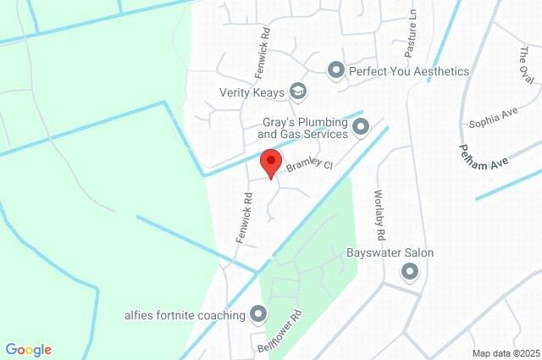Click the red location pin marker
270,162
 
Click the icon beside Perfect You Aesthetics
336,71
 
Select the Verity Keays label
252,91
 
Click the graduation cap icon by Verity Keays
297,91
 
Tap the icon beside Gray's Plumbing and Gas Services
361,128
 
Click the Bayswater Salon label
390,252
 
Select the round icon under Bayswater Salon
411,272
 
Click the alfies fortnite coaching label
184,315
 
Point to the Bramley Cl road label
308,167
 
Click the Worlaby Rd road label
380,212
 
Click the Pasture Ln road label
410,40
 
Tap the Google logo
28,350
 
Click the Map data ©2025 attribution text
505,353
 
